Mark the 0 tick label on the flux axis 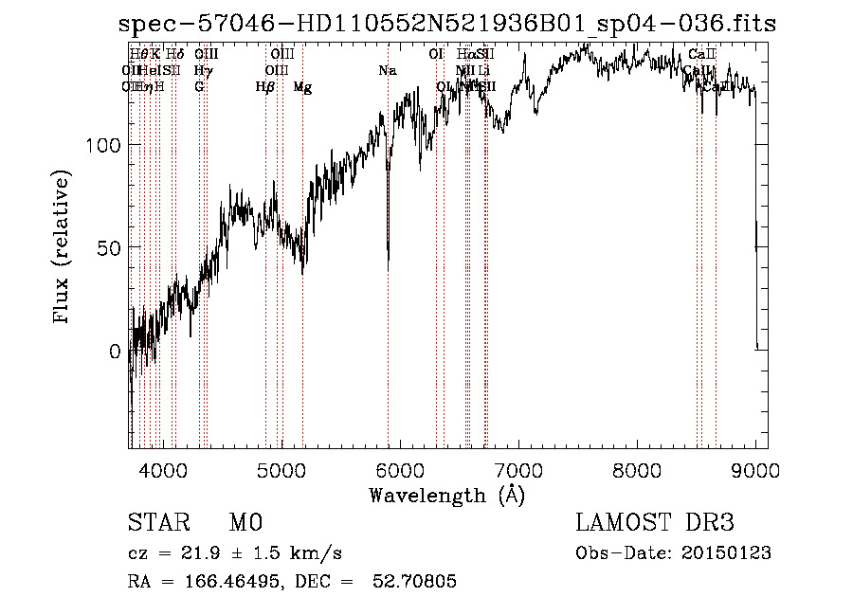point(116,351)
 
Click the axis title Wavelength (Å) point(446,495)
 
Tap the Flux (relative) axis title point(64,248)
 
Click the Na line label point(387,71)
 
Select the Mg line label point(302,87)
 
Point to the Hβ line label point(265,87)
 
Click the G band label point(199,87)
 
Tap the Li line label point(484,71)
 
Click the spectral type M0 point(245,523)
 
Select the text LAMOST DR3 point(655,523)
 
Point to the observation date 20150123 point(729,552)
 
